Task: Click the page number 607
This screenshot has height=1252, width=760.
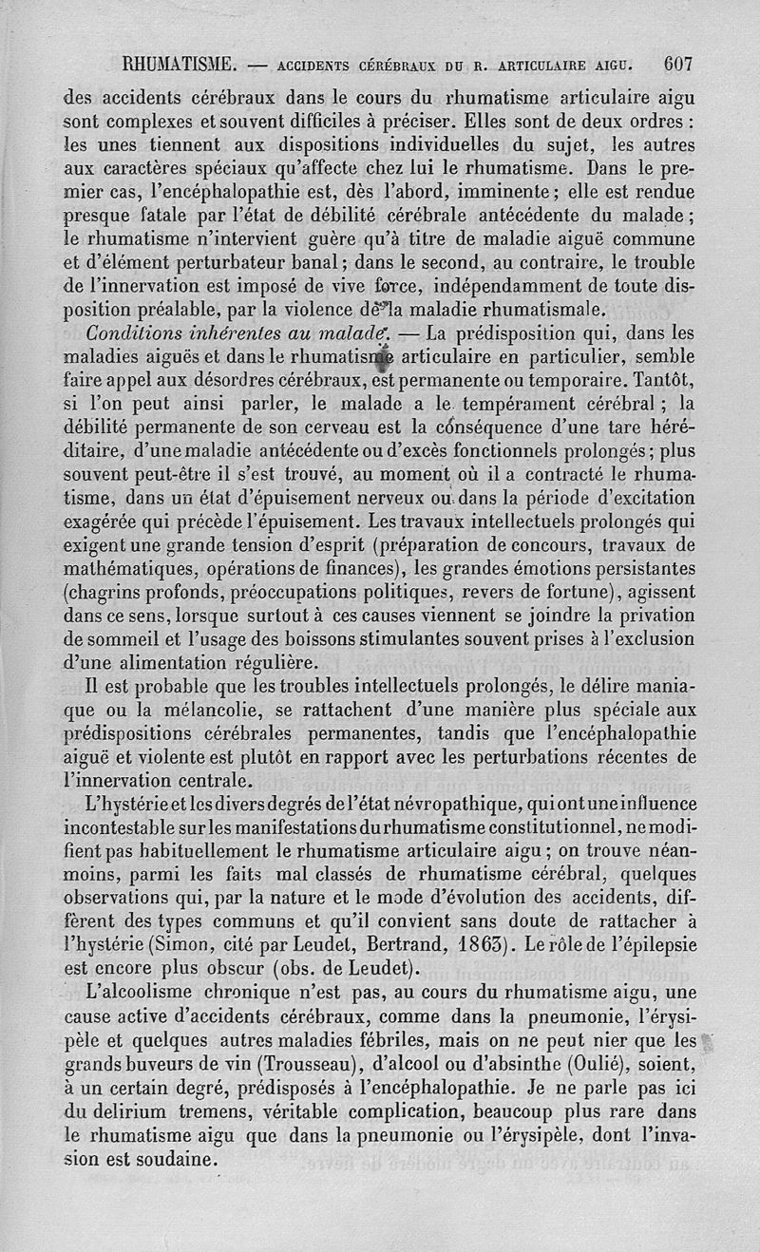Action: (678, 66)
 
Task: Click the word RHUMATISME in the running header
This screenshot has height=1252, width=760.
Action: (180, 66)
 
